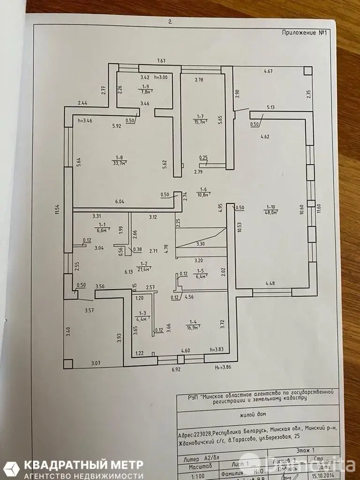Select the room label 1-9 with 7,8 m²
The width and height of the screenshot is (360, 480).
pyautogui.click(x=145, y=90)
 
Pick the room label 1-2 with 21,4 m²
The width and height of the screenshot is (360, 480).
pyautogui.click(x=144, y=267)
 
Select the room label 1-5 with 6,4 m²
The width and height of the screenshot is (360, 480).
pyautogui.click(x=199, y=273)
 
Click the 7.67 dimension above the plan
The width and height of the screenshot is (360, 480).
pyautogui.click(x=161, y=61)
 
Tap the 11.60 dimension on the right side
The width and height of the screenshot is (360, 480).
pyautogui.click(x=320, y=210)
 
